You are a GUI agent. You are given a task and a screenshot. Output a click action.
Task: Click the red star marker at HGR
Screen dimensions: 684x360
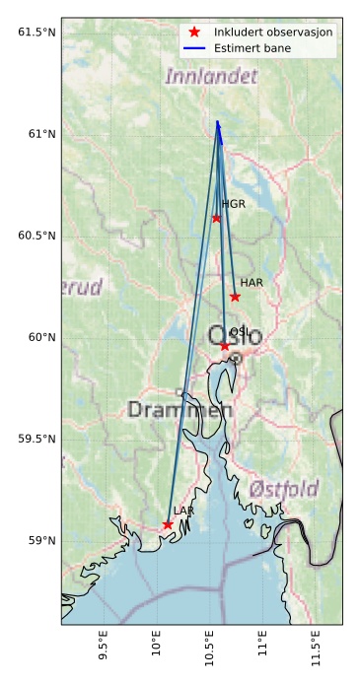(216, 218)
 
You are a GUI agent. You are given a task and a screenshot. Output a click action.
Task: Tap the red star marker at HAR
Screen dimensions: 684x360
(235, 297)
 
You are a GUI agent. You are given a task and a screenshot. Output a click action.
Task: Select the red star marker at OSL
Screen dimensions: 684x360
(225, 346)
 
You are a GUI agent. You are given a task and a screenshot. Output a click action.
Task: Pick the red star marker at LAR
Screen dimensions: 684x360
(168, 524)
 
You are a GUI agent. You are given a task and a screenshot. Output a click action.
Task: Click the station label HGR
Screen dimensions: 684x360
(233, 205)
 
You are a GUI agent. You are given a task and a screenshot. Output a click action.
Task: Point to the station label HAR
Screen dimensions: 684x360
(252, 283)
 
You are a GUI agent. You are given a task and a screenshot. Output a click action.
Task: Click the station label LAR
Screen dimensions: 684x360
(183, 511)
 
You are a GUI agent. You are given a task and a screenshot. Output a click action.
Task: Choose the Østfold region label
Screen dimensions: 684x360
(284, 489)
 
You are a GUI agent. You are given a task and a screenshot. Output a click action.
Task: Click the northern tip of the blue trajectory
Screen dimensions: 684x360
(217, 121)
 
